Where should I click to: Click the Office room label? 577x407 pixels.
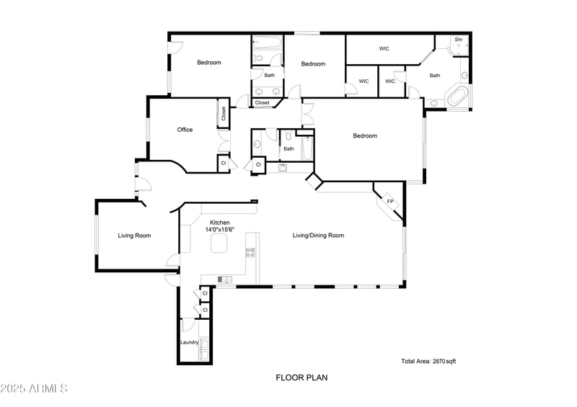pos(185,130)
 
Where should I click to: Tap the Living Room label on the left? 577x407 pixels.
pos(134,236)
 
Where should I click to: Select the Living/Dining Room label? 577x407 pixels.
pos(318,236)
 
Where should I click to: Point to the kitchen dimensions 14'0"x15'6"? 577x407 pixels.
pos(220,230)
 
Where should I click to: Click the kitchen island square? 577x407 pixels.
pos(219,246)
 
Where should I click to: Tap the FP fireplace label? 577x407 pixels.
pos(390,201)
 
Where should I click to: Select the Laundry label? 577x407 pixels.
pos(189,342)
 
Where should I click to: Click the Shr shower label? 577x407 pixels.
pos(458,40)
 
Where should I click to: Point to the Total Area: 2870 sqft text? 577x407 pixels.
pos(428,361)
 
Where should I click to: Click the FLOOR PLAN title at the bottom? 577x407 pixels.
pos(296,377)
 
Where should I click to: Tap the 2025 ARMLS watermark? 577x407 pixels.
pos(34,389)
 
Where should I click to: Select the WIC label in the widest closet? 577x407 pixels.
pos(384,49)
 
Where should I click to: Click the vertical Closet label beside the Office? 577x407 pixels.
pos(224,114)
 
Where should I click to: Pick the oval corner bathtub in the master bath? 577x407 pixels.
pos(457,97)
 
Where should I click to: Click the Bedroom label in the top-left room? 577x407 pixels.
pos(209,63)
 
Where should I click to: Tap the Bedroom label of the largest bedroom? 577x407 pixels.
pos(364,135)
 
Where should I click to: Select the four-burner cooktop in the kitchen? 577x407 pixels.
pos(250,252)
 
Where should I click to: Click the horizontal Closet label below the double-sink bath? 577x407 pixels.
pos(262,102)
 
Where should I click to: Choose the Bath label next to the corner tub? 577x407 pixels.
pos(435,76)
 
